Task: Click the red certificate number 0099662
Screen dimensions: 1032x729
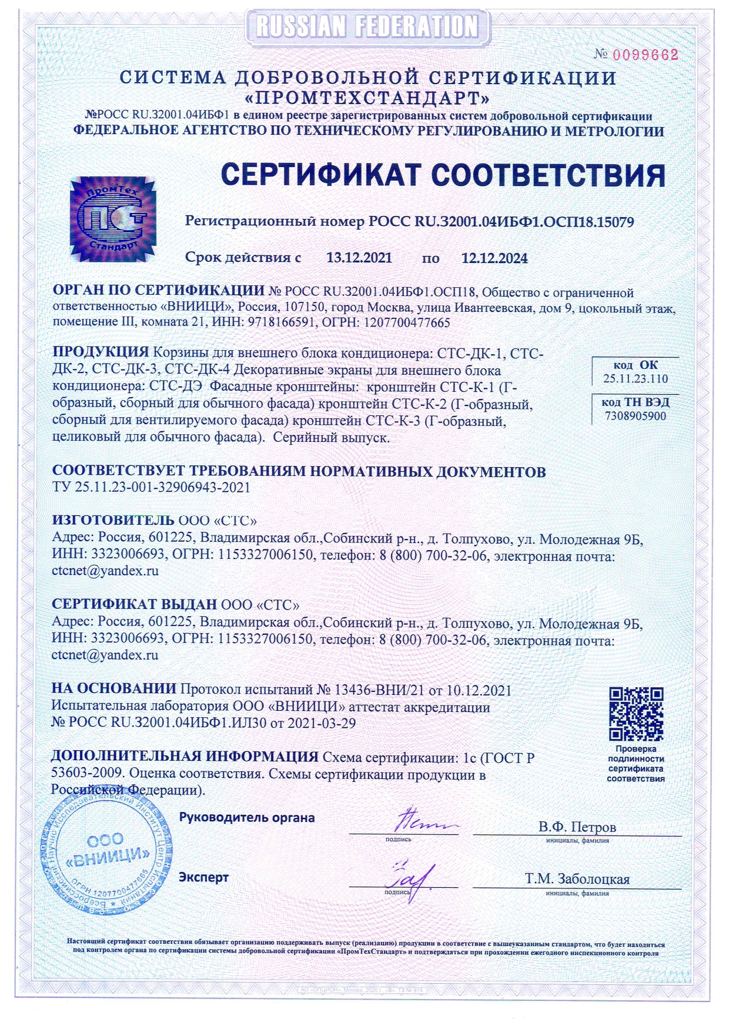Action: (645, 55)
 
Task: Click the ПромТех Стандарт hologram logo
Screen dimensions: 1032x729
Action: (113, 219)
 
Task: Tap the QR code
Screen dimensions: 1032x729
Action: (636, 714)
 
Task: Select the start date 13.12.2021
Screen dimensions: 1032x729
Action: (359, 258)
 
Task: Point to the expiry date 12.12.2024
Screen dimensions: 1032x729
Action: (494, 258)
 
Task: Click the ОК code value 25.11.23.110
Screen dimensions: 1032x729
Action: (635, 379)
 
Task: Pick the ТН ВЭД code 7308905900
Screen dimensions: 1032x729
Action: (635, 417)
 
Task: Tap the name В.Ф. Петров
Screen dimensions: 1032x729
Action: (577, 827)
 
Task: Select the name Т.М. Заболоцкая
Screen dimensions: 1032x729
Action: (577, 879)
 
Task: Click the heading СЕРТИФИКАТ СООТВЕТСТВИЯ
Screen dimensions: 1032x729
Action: (443, 175)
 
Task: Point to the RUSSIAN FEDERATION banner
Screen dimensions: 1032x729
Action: (367, 26)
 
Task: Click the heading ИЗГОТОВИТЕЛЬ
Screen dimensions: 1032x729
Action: (113, 520)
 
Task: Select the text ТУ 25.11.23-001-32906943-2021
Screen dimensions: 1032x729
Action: (151, 487)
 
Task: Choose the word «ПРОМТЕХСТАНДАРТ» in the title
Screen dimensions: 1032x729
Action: (367, 96)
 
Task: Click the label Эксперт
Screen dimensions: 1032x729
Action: (203, 877)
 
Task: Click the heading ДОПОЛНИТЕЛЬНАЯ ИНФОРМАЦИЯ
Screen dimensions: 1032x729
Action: (185, 757)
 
